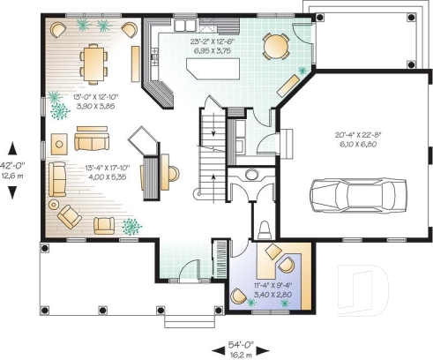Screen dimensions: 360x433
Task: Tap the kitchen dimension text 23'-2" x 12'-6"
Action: click(213, 41)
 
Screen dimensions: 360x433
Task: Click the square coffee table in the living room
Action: click(60, 143)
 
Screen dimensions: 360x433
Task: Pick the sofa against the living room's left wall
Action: click(57, 178)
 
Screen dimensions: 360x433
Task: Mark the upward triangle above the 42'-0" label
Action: click(11, 148)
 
